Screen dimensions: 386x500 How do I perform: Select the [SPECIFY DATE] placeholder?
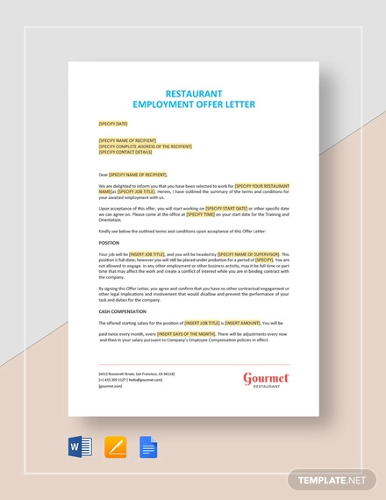click(114, 124)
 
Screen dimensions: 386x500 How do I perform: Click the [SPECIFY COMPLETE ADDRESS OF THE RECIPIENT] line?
click(146, 146)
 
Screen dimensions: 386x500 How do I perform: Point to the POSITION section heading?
click(110, 240)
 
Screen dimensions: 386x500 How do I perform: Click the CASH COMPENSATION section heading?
click(122, 311)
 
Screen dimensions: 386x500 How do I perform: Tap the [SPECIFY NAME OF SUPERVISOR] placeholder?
click(251, 254)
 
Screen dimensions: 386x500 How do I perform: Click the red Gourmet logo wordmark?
click(267, 378)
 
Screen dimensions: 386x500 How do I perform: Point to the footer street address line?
click(137, 375)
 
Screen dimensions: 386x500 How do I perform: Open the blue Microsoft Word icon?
click(80, 448)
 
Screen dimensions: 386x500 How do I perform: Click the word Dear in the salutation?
click(104, 174)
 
